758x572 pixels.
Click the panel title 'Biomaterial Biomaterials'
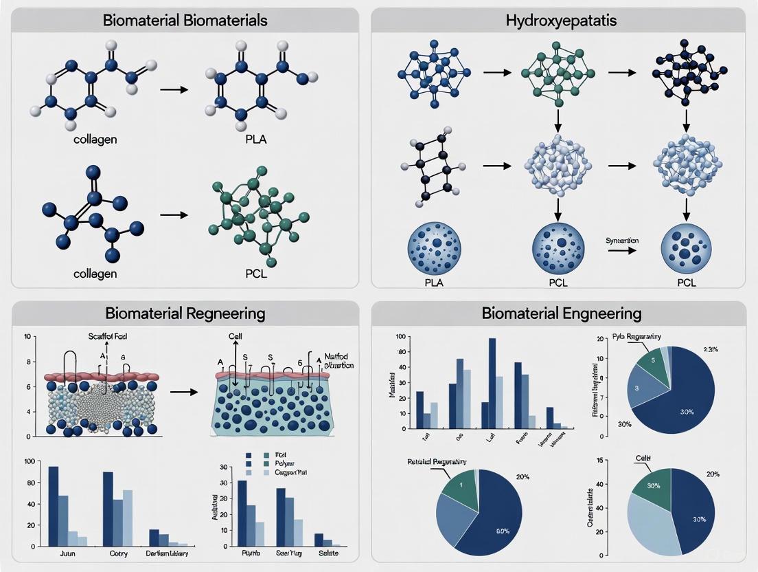pyautogui.click(x=185, y=20)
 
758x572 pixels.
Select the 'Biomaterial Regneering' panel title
pyautogui.click(x=185, y=313)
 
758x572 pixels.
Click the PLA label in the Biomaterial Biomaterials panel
pyautogui.click(x=255, y=140)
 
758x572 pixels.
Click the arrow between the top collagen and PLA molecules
pyautogui.click(x=174, y=89)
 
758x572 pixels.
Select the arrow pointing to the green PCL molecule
pyautogui.click(x=174, y=214)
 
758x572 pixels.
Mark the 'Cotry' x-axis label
pyautogui.click(x=117, y=553)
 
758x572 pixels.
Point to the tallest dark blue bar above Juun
pyautogui.click(x=53, y=507)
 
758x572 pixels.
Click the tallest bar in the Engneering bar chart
pyautogui.click(x=492, y=383)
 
